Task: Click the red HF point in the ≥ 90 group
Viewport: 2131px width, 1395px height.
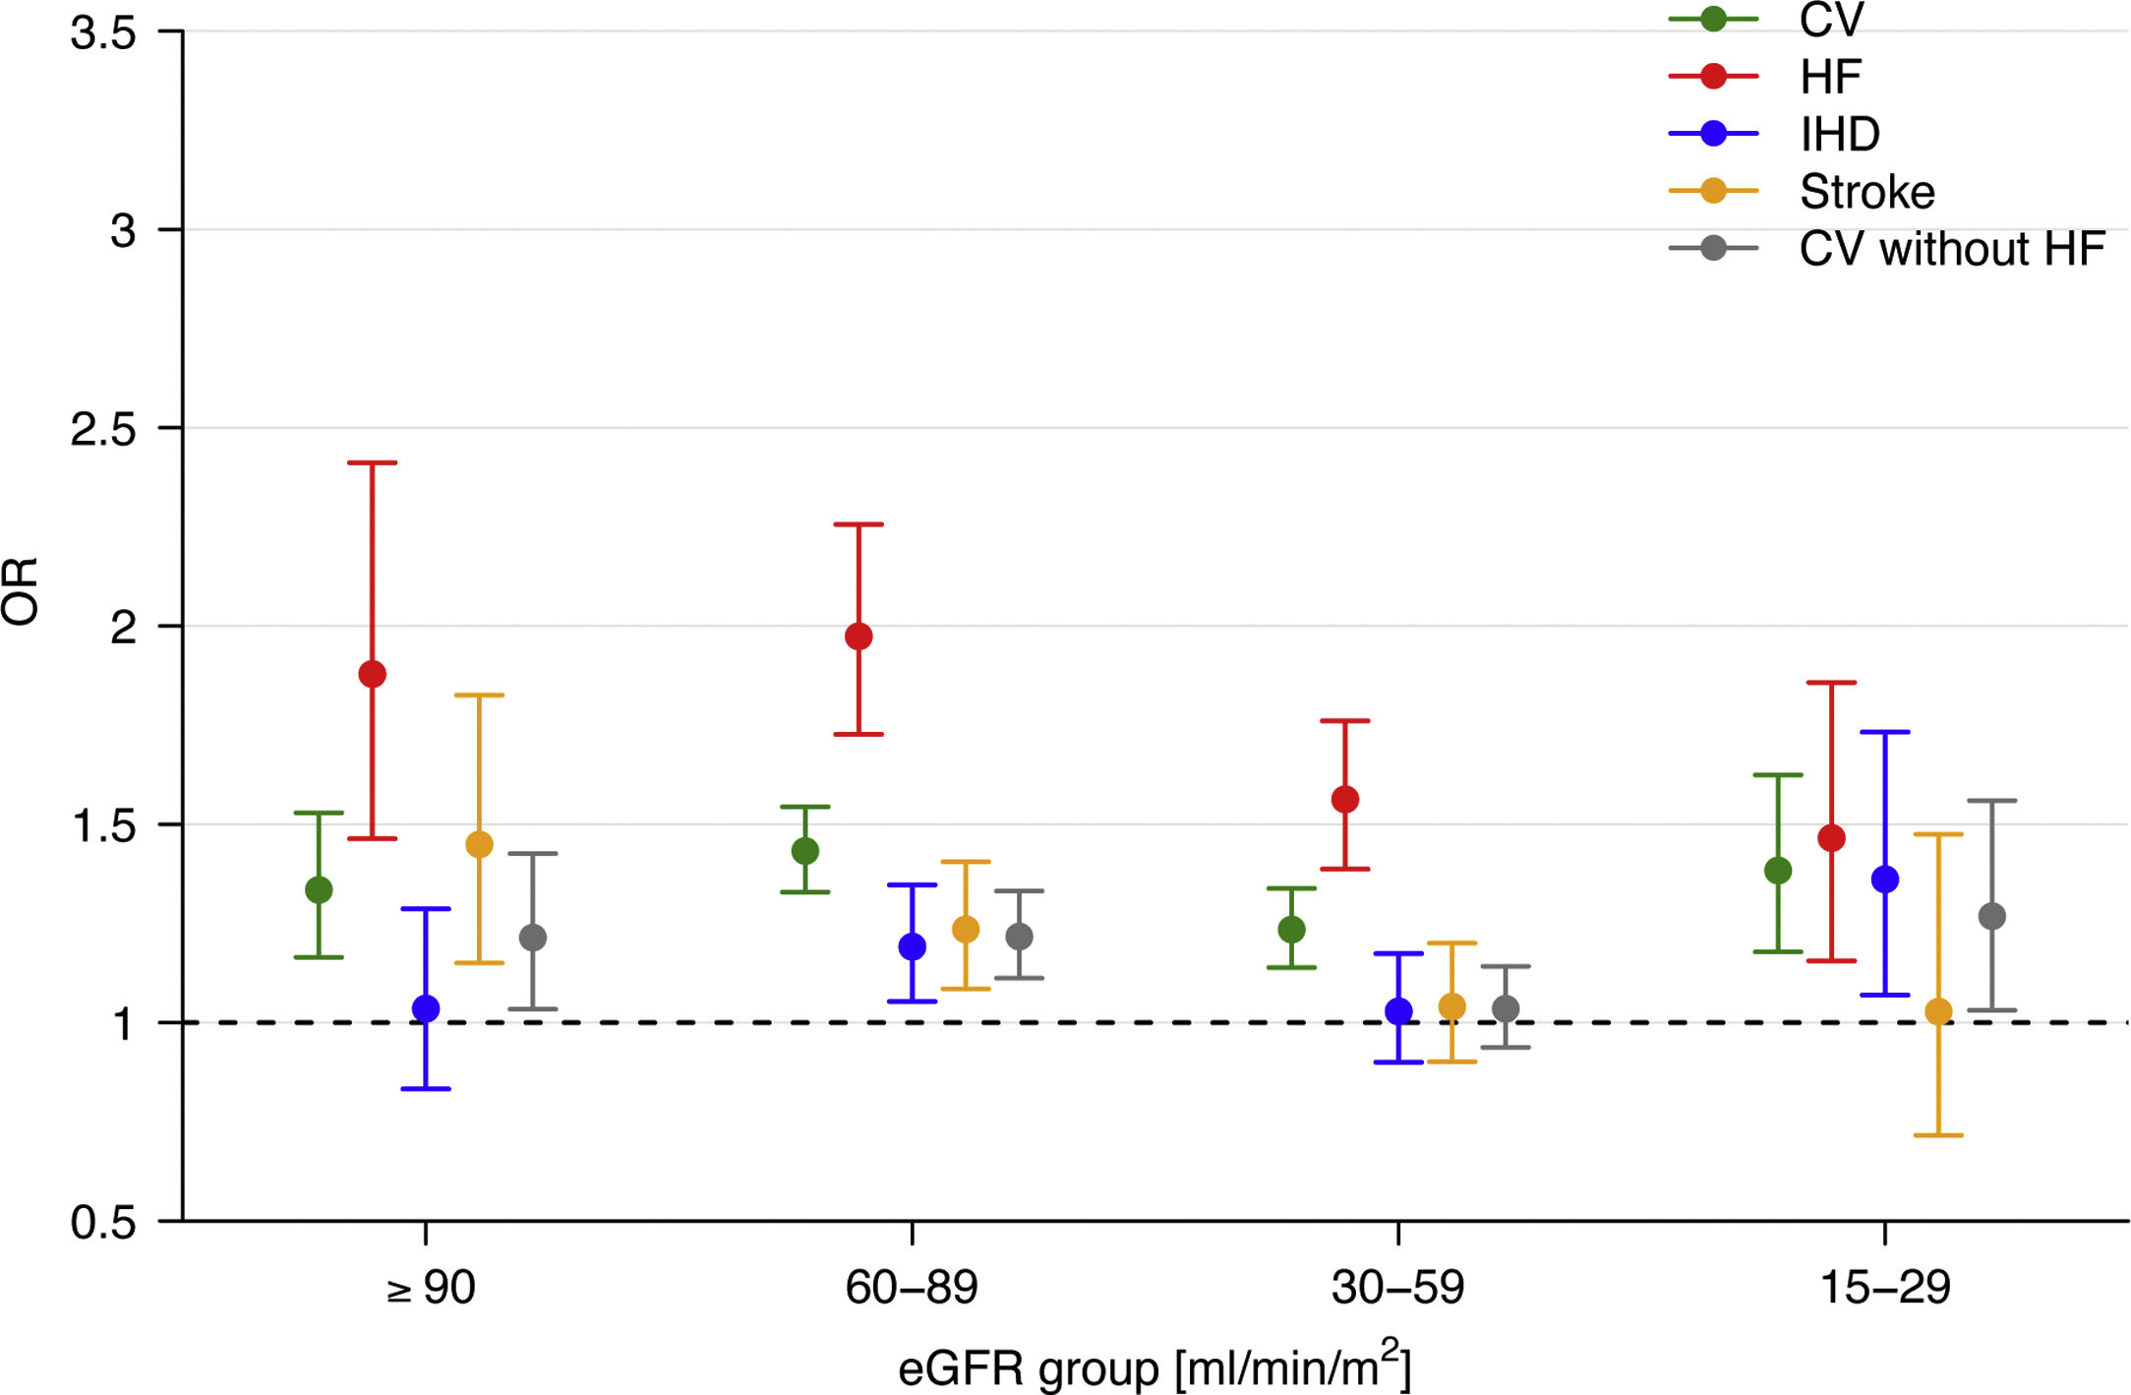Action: pyautogui.click(x=372, y=674)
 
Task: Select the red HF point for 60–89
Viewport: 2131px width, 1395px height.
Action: pyautogui.click(x=858, y=637)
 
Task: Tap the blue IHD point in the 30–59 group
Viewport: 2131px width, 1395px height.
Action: pyautogui.click(x=1398, y=1011)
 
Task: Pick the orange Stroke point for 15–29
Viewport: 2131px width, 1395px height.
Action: pyautogui.click(x=1938, y=1011)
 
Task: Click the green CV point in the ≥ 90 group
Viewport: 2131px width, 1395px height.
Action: pyautogui.click(x=319, y=890)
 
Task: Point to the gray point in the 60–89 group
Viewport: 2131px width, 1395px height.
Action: pyautogui.click(x=1020, y=937)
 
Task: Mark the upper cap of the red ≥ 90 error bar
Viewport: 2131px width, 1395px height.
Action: pyautogui.click(x=372, y=462)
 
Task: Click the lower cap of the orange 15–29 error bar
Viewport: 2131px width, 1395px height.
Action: pyautogui.click(x=1938, y=1135)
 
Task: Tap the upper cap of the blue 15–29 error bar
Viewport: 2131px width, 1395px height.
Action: pyautogui.click(x=1885, y=732)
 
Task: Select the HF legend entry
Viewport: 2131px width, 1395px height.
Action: pyautogui.click(x=1830, y=77)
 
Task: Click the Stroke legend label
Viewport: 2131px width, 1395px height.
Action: pyautogui.click(x=1866, y=192)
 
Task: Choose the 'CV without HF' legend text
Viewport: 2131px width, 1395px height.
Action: pyautogui.click(x=1951, y=249)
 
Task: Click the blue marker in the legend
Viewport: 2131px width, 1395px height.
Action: pyautogui.click(x=1713, y=134)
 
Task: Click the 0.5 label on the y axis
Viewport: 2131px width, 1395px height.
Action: pyautogui.click(x=103, y=1222)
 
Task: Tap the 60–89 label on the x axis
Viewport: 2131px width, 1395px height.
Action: pyautogui.click(x=912, y=1288)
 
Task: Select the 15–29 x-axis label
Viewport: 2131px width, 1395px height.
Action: pyautogui.click(x=1885, y=1288)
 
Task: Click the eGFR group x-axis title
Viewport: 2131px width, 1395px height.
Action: pyautogui.click(x=1154, y=1367)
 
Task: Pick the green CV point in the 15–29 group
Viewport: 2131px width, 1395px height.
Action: pyautogui.click(x=1778, y=871)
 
